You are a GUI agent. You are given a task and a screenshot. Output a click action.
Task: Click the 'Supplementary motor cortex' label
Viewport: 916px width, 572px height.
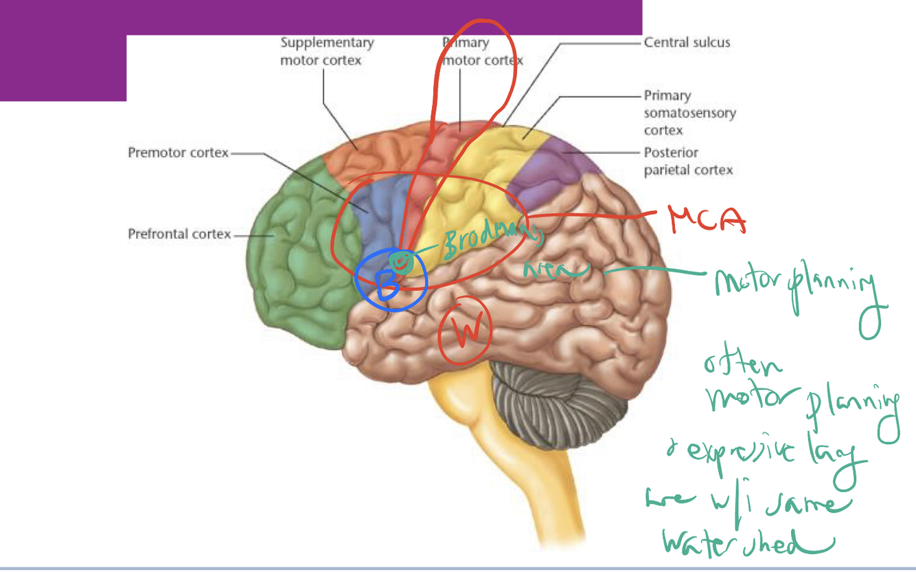[x=327, y=52]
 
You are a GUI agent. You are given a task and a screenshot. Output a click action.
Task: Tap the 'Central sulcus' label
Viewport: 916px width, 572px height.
[x=687, y=43]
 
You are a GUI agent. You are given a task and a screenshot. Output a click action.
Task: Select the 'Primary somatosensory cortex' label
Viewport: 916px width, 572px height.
[x=689, y=113]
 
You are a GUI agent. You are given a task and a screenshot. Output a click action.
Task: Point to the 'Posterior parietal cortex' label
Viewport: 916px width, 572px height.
[x=688, y=161]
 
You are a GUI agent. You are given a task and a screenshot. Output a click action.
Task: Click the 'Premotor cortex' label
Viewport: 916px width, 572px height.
[x=178, y=153]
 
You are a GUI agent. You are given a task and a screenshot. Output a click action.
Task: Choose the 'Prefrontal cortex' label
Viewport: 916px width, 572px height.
[x=179, y=234]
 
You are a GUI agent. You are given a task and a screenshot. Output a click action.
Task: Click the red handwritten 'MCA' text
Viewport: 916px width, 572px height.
[x=707, y=220]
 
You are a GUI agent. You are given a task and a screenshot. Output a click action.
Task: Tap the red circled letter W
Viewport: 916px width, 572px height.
[x=465, y=329]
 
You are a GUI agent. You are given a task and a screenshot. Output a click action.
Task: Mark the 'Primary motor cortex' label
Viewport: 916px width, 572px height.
[x=481, y=52]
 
